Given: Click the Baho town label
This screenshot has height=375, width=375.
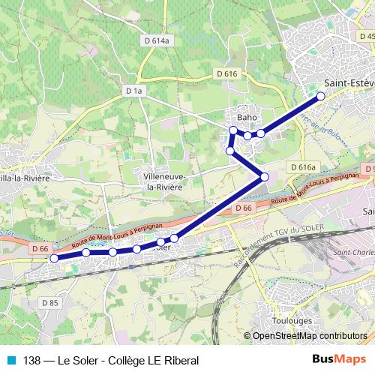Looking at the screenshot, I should click(x=247, y=118).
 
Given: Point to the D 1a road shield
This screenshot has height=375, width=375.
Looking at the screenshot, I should click(x=133, y=90).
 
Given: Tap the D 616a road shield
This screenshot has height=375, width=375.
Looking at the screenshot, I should click(x=302, y=166).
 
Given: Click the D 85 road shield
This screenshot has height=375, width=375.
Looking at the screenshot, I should click(x=49, y=302).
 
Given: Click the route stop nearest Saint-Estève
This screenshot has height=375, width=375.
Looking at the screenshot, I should click(x=320, y=96).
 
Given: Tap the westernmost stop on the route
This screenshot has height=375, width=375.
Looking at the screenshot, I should click(x=53, y=259).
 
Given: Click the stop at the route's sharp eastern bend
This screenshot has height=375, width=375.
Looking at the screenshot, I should click(x=264, y=176).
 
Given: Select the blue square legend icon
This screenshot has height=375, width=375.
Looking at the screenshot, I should click(x=10, y=360).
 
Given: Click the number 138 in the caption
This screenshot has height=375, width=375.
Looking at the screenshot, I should click(x=32, y=360).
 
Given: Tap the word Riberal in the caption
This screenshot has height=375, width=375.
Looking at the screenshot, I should click(x=181, y=360).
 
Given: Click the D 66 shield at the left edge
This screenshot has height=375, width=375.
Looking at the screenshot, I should click(x=40, y=248).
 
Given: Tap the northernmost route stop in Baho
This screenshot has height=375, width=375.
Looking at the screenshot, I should click(x=233, y=131).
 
